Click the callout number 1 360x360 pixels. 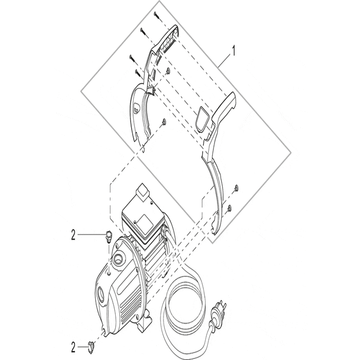(234, 51)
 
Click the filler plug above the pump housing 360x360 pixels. (107, 236)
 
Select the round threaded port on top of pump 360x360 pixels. (119, 256)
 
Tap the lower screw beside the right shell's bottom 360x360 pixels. (229, 208)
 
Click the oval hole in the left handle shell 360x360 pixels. (136, 108)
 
